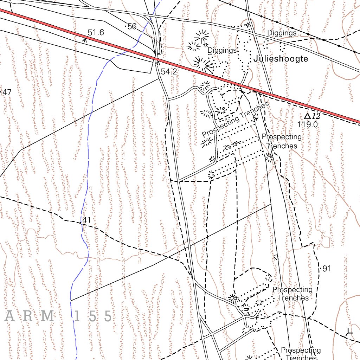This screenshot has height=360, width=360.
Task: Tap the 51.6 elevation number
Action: coord(96,33)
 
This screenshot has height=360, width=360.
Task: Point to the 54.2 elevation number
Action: coord(169,72)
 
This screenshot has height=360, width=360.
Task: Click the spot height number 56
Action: coord(132,26)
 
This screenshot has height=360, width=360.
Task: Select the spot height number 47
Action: coord(7,92)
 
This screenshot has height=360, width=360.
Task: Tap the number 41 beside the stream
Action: coord(86,220)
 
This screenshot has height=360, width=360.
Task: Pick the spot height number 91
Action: coord(327,269)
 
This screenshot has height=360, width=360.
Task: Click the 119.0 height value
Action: coord(308,124)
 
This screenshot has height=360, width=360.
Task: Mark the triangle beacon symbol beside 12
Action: coord(307,116)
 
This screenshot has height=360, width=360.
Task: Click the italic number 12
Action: coord(316,116)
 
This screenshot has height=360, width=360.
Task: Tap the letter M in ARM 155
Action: coord(47,316)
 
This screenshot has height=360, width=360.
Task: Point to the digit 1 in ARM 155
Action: coord(78,316)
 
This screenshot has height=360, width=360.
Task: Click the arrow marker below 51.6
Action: coord(84,39)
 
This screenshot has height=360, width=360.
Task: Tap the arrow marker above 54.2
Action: coord(158,63)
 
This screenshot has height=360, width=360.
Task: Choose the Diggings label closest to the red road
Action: coord(222,50)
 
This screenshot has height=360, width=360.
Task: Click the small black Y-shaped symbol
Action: coord(349,332)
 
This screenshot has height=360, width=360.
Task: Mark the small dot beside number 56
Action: coord(126,26)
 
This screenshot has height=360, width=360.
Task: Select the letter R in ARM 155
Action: coord(28,316)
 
